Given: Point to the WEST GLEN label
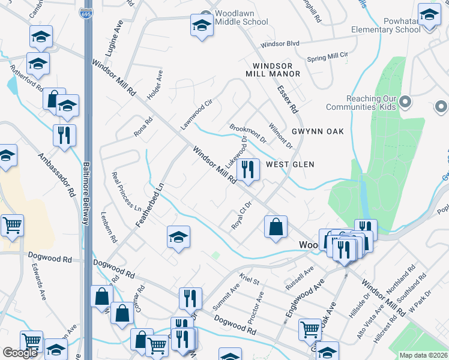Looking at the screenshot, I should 291,164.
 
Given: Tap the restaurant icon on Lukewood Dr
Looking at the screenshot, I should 248,169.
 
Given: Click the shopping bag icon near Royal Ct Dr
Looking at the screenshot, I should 276,227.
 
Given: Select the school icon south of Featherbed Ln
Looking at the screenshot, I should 178,237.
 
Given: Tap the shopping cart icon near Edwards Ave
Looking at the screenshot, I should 12,226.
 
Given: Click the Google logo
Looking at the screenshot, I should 20,353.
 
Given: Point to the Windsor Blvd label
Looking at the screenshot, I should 280,44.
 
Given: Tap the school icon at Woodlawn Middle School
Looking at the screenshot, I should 202,26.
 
